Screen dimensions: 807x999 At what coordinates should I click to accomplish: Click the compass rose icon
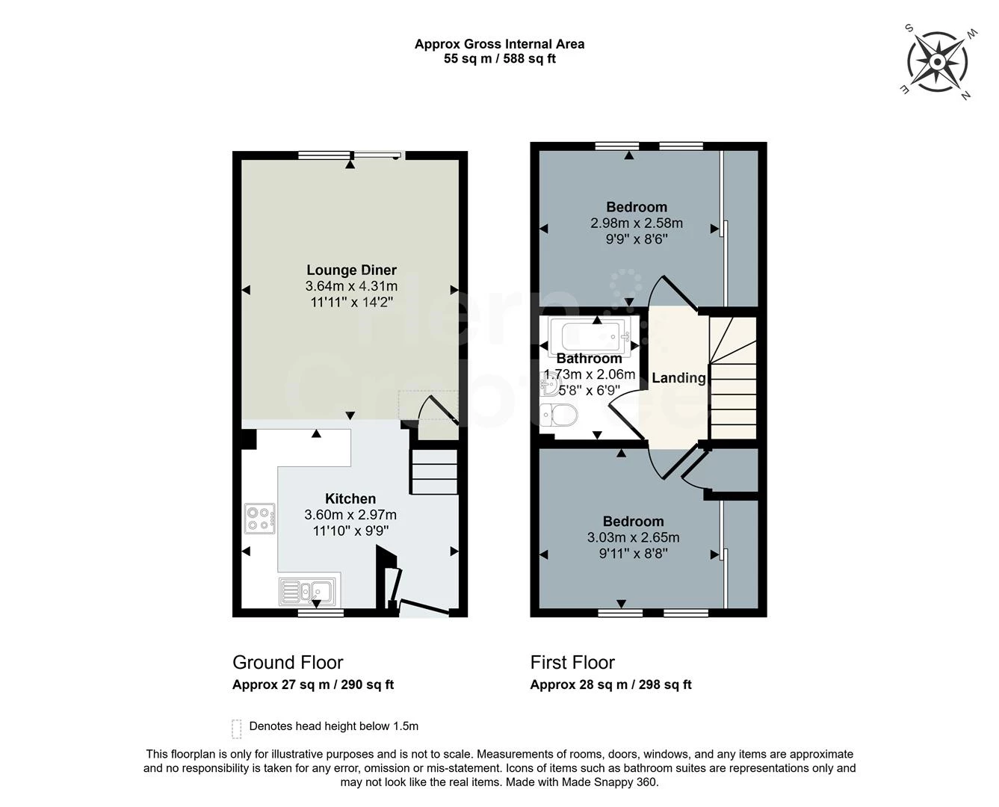point(938,61)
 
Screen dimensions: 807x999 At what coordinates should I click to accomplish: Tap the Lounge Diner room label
point(351,270)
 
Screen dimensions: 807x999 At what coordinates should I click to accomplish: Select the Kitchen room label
point(350,498)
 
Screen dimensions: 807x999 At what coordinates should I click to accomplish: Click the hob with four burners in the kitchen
point(259,518)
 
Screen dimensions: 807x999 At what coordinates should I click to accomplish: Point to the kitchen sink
point(309,591)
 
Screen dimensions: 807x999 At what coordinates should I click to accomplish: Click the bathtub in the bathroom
point(587,336)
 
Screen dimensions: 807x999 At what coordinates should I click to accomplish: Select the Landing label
point(678,378)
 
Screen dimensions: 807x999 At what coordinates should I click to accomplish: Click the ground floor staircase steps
point(433,471)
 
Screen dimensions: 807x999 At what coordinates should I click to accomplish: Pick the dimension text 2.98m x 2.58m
point(637,223)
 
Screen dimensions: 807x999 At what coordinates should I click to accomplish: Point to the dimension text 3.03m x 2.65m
point(633,537)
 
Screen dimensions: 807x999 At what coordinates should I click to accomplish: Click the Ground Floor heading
point(288,662)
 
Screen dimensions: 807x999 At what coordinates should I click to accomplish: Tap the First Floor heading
point(572,662)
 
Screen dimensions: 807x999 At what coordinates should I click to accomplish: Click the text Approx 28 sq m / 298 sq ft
point(610,684)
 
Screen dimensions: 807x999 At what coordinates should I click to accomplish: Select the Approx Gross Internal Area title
point(499,44)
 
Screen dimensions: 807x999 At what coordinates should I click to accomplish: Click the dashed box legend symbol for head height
point(237,728)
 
